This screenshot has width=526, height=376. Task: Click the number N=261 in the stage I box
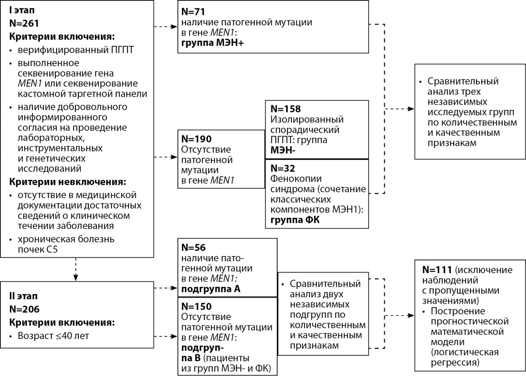[x=24, y=23]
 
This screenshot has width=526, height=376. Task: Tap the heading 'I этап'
[x=22, y=11]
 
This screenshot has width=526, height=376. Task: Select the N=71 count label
[x=193, y=11]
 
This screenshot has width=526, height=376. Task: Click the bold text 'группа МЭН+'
[x=213, y=43]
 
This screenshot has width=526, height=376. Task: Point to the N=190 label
[x=196, y=139]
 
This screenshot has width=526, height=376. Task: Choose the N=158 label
[x=285, y=109]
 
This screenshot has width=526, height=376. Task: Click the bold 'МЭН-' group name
[x=283, y=150]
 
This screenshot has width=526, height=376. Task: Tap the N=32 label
[x=282, y=168]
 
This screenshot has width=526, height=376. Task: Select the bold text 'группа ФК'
[x=295, y=220]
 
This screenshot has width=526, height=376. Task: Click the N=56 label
[x=193, y=247]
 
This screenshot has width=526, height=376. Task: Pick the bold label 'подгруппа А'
[x=211, y=289]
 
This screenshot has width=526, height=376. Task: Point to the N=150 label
[x=196, y=306]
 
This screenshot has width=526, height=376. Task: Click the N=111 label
[x=437, y=270]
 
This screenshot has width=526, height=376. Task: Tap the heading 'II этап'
[x=23, y=296]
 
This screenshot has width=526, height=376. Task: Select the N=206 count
[x=24, y=309]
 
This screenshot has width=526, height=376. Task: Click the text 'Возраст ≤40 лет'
[x=53, y=336]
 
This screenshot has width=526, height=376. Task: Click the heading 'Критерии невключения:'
[x=68, y=182]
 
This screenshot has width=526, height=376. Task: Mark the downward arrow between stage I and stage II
[x=75, y=269]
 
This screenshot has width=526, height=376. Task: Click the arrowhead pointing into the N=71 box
[x=174, y=27]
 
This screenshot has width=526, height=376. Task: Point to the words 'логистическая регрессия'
[x=465, y=357]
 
